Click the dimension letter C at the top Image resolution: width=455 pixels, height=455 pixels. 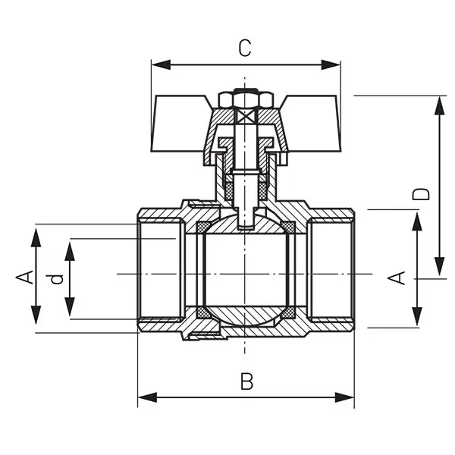click(244, 48)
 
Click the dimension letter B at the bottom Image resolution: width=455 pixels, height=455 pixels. click(246, 381)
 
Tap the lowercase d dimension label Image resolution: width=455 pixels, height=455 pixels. click(55, 278)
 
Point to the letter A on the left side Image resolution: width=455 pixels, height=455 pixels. click(24, 278)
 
